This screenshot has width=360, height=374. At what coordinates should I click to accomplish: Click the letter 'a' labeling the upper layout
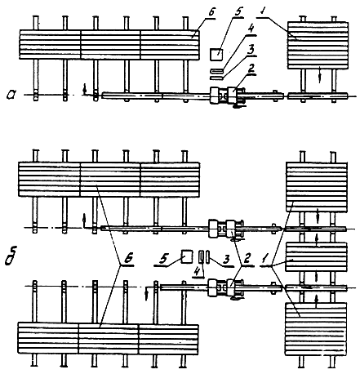pyautogui.click(x=12, y=95)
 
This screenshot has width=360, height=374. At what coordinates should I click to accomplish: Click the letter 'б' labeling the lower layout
pyautogui.click(x=11, y=256)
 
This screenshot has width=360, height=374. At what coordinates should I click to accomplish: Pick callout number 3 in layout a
pyautogui.click(x=251, y=50)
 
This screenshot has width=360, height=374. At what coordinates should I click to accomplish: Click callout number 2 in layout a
pyautogui.click(x=251, y=68)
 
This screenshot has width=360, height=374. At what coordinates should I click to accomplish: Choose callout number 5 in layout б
pyautogui.click(x=163, y=259)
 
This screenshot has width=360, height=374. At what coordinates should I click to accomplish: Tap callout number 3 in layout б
pyautogui.click(x=225, y=260)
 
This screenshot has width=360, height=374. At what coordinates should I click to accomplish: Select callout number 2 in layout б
pyautogui.click(x=247, y=260)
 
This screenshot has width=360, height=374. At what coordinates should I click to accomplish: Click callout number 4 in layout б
pyautogui.click(x=198, y=270)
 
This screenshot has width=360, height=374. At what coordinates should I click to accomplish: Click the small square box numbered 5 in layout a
pyautogui.click(x=216, y=54)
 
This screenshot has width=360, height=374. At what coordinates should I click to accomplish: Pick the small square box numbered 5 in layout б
pyautogui.click(x=187, y=256)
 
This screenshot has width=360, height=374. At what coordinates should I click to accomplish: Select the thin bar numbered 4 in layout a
pyautogui.click(x=217, y=71)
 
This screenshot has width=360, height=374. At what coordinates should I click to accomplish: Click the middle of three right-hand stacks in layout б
pyautogui.click(x=316, y=257)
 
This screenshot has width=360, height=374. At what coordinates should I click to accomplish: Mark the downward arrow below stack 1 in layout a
pyautogui.click(x=320, y=74)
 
